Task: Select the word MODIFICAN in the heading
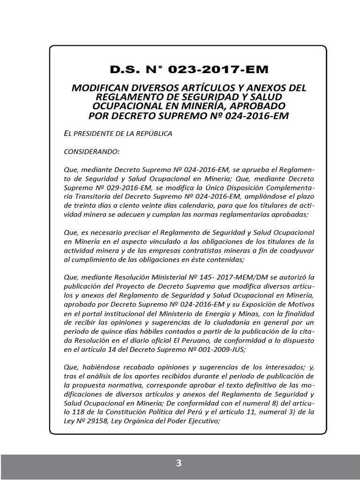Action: (x=96, y=88)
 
